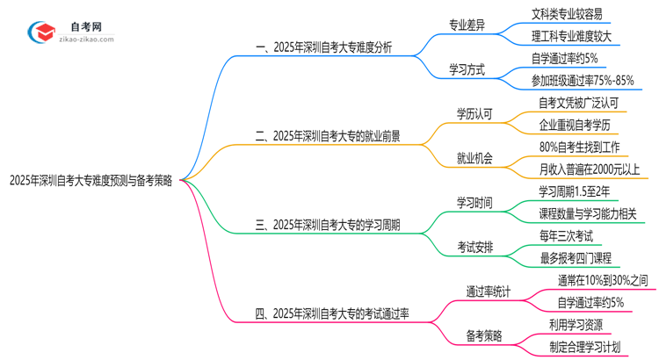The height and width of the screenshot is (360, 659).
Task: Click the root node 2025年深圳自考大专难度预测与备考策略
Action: click(x=91, y=181)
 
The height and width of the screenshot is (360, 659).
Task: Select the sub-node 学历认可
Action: click(x=474, y=113)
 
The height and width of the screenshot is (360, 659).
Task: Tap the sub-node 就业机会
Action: click(x=474, y=158)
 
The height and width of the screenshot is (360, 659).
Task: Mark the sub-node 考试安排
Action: click(x=474, y=247)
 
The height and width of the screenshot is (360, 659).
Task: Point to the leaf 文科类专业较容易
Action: click(x=573, y=14)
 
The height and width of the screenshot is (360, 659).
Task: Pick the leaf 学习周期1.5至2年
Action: click(x=575, y=191)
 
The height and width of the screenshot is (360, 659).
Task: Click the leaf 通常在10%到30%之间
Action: click(x=603, y=280)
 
